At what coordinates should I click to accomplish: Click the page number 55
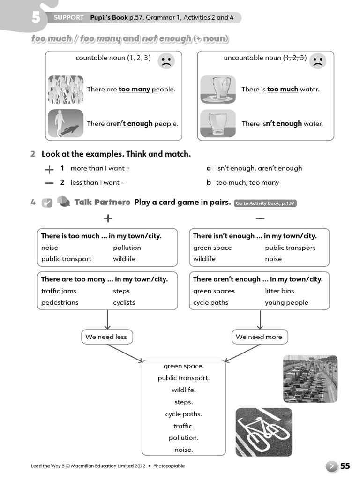click(x=345, y=466)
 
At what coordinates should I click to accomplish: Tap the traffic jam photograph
click(x=310, y=379)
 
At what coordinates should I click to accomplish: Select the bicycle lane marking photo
click(x=264, y=432)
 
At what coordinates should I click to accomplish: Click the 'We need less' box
click(x=106, y=337)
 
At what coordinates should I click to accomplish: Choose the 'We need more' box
click(x=259, y=337)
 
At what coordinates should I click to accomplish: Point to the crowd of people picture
click(x=66, y=90)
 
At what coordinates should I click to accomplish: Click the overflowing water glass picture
click(x=217, y=89)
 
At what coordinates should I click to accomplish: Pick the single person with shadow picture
click(x=66, y=123)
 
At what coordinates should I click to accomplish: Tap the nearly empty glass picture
click(x=217, y=123)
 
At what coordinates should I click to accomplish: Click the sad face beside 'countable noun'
click(x=166, y=61)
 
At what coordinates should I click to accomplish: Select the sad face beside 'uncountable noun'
click(x=318, y=61)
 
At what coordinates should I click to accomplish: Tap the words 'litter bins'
click(x=279, y=291)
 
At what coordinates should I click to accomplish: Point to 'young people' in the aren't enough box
click(x=286, y=302)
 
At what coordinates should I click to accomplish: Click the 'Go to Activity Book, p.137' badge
click(x=265, y=203)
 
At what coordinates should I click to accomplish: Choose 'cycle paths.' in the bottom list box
click(x=183, y=414)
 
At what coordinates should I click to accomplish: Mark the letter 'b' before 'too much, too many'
click(x=209, y=182)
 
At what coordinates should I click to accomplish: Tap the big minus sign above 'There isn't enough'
click(x=260, y=218)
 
